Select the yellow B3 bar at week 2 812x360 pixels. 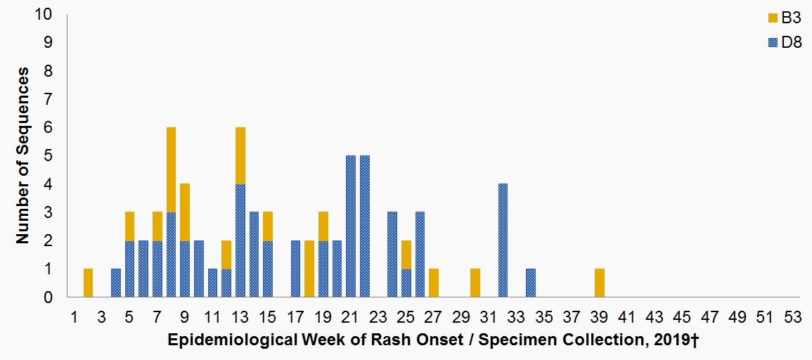[x=88, y=283]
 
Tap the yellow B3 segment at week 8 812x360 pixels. [x=171, y=169]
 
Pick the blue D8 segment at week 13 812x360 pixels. [x=240, y=240]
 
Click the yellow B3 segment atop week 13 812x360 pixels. [x=240, y=155]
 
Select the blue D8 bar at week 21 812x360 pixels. [x=351, y=226]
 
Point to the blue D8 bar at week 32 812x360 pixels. [x=503, y=240]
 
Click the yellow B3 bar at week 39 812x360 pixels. [x=600, y=283]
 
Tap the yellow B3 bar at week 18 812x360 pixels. [x=309, y=269]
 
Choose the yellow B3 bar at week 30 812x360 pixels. [x=475, y=283]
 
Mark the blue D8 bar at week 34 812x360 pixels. [x=531, y=283]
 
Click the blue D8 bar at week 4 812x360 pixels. [x=116, y=283]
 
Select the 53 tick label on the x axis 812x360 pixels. [x=793, y=316]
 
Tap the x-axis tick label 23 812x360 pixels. [x=378, y=316]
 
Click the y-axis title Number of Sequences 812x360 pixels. [x=22, y=156]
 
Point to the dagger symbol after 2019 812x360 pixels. [x=695, y=340]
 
